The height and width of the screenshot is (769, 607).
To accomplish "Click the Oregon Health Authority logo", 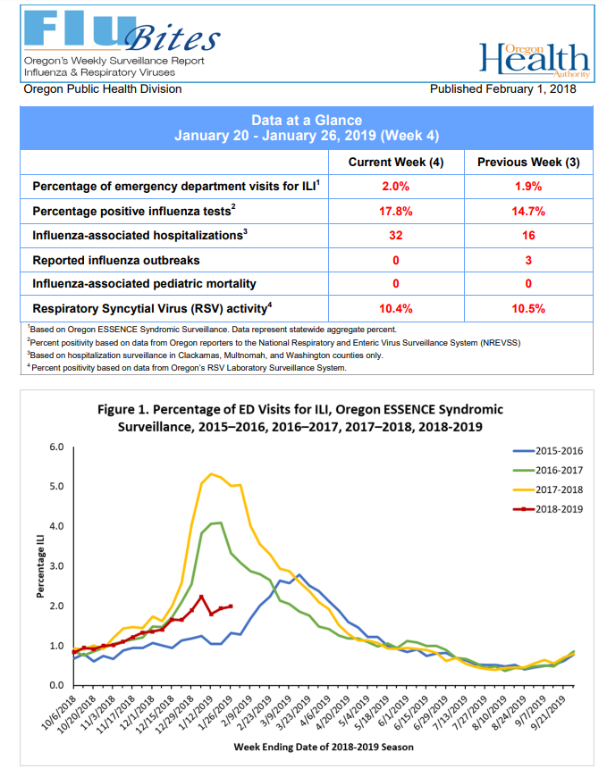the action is pyautogui.click(x=535, y=60).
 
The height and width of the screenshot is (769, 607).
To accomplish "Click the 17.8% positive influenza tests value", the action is pyautogui.click(x=395, y=212).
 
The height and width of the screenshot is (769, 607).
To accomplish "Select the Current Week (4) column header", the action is pyautogui.click(x=396, y=163).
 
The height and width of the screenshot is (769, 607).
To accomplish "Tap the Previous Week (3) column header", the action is pyautogui.click(x=528, y=163).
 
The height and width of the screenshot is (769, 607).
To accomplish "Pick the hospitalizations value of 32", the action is pyautogui.click(x=396, y=236).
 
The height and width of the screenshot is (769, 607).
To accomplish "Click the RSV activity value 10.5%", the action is pyautogui.click(x=528, y=308).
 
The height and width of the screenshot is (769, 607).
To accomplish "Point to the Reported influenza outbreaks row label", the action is pyautogui.click(x=116, y=260).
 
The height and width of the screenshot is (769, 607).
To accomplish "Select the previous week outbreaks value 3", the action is pyautogui.click(x=528, y=260).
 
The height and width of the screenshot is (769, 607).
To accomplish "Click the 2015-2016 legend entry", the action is pyautogui.click(x=548, y=451).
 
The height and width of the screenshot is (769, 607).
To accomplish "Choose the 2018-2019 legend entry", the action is pyautogui.click(x=548, y=509).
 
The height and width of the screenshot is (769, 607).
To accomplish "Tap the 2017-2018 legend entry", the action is pyautogui.click(x=548, y=489).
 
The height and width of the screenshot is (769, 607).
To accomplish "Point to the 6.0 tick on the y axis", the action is pyautogui.click(x=56, y=447).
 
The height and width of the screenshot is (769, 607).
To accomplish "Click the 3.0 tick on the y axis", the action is pyautogui.click(x=56, y=566).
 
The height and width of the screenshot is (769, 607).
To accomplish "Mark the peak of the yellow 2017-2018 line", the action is pyautogui.click(x=211, y=473).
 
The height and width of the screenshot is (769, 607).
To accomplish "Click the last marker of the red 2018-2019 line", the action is pyautogui.click(x=231, y=606).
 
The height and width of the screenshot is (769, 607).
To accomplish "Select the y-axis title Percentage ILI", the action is pyautogui.click(x=40, y=566).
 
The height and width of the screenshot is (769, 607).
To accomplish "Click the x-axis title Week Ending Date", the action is pyautogui.click(x=324, y=747).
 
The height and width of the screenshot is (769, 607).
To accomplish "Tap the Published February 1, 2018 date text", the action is pyautogui.click(x=503, y=88).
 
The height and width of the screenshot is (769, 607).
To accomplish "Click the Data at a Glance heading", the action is pyautogui.click(x=307, y=121).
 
